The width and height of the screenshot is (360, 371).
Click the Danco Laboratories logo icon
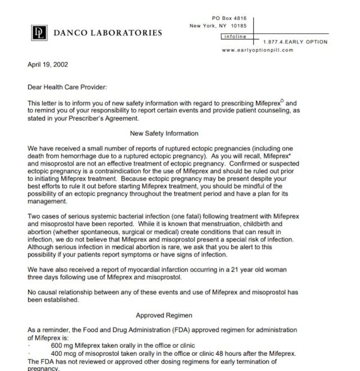click(38, 32)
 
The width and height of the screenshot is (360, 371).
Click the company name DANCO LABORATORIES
click(107, 33)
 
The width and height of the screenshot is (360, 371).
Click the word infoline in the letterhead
click(233, 37)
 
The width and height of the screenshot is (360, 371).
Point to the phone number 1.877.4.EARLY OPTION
click(295, 42)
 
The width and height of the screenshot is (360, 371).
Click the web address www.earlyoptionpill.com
click(258, 50)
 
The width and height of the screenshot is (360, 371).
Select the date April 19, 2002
click(48, 65)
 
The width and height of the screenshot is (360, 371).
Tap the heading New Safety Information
click(164, 133)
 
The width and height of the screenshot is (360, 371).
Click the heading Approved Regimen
click(164, 316)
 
